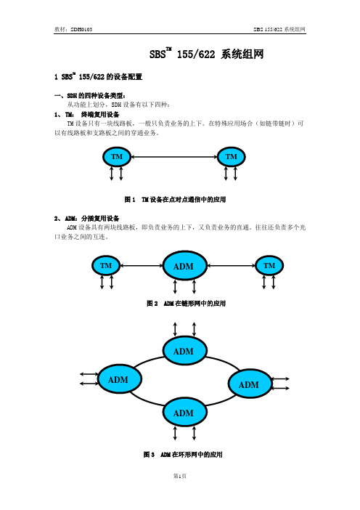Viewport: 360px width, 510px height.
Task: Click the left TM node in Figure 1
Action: (x=117, y=157)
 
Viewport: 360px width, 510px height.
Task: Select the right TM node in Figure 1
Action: (x=231, y=157)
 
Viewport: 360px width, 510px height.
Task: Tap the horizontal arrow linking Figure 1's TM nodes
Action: (x=173, y=157)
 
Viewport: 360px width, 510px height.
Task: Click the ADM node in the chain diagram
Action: (x=184, y=266)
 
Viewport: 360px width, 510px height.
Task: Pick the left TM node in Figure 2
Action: (x=106, y=266)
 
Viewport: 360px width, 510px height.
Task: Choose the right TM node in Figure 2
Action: (x=269, y=266)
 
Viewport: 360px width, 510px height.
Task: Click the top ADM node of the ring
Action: (x=184, y=351)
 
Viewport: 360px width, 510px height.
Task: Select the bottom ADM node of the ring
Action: (x=184, y=413)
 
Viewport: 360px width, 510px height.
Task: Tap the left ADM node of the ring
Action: (x=120, y=379)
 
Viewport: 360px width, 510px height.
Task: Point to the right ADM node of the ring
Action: (x=250, y=384)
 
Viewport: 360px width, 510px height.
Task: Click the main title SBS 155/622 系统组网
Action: (x=206, y=53)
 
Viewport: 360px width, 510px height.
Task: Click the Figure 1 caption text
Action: (x=175, y=199)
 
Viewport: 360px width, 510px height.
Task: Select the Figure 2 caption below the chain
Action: (x=187, y=304)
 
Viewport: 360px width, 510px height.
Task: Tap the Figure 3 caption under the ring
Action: (x=183, y=454)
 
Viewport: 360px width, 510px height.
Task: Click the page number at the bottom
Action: (x=180, y=476)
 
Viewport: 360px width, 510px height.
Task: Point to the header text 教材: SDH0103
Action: (x=73, y=29)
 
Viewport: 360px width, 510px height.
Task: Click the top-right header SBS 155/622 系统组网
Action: (x=279, y=29)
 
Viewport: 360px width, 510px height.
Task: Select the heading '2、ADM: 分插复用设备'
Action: (x=87, y=218)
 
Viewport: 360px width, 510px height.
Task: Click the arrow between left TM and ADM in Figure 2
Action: (x=142, y=266)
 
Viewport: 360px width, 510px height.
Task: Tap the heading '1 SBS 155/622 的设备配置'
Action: (x=99, y=77)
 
